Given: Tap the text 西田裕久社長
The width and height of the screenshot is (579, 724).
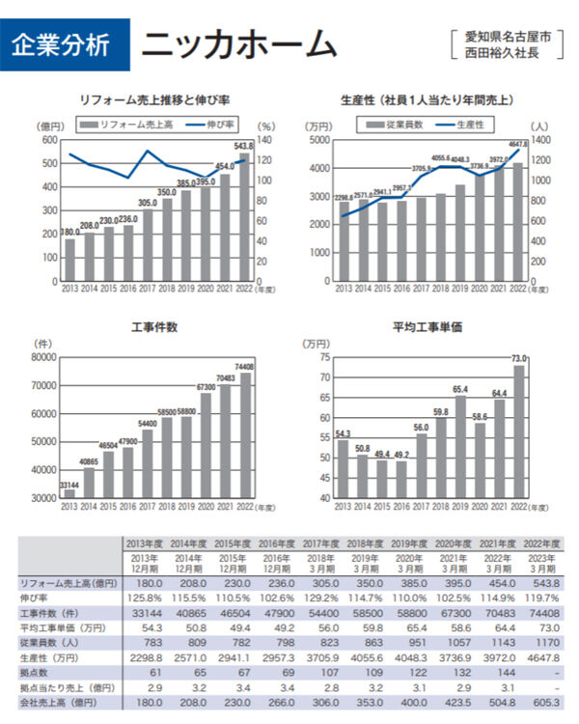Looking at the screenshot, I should (509, 53).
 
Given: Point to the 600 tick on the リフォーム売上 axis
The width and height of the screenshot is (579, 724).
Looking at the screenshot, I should (51, 140).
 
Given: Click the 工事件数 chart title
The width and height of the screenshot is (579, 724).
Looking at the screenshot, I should (154, 327).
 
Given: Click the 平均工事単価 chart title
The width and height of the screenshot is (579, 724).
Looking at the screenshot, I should (427, 327).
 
